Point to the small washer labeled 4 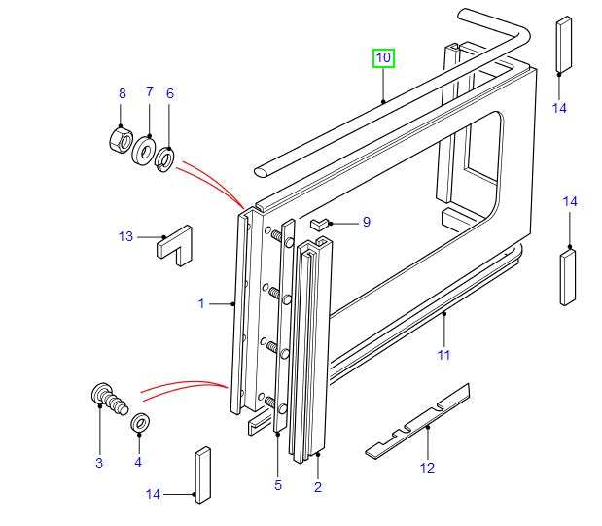(140, 423)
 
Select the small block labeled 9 (321, 225)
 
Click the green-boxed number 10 (383, 58)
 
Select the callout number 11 (443, 355)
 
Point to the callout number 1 (201, 303)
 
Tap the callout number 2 (317, 486)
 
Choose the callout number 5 (277, 486)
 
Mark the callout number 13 (125, 236)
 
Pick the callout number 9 (366, 222)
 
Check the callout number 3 (98, 463)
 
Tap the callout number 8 (122, 93)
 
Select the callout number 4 (137, 463)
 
